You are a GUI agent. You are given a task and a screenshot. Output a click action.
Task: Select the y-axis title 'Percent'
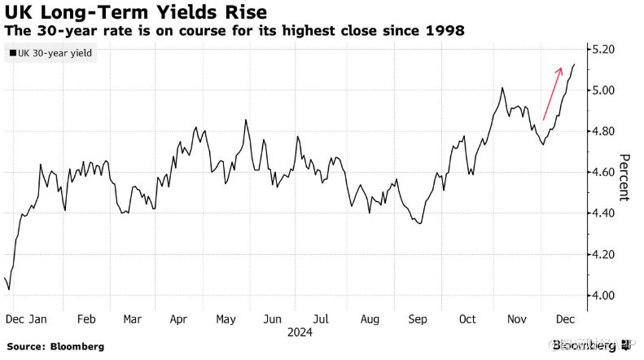click(x=624, y=177)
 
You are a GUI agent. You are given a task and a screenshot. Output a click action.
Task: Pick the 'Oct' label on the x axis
click(x=467, y=318)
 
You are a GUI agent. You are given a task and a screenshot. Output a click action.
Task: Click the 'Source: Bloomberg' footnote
click(x=55, y=346)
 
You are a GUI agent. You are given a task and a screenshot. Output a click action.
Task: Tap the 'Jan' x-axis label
click(x=38, y=318)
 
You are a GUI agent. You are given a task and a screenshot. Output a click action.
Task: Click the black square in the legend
click(x=12, y=53)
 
